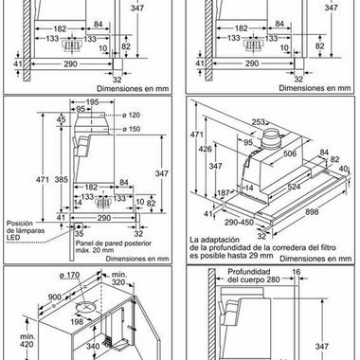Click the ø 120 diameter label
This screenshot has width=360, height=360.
click(132, 116)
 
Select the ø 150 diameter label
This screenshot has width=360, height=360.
click(132, 129)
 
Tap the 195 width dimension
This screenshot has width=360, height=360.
click(92, 102)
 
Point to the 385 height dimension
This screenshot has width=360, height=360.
click(61, 179)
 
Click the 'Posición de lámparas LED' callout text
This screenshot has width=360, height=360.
click(26, 230)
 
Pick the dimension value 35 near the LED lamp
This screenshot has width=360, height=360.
click(79, 234)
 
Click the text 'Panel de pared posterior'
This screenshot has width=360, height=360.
click(114, 243)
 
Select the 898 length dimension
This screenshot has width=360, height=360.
click(312, 211)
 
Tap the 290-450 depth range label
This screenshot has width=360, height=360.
click(239, 223)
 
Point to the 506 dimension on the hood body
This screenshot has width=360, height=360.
click(290, 153)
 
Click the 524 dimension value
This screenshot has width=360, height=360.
click(294, 187)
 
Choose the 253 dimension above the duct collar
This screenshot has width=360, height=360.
click(259, 122)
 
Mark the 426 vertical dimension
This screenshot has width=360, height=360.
click(206, 149)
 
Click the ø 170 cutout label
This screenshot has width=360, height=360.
click(69, 275)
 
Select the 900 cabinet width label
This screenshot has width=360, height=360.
click(55, 297)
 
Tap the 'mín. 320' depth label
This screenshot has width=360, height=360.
click(118, 279)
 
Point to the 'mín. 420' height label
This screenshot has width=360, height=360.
click(27, 340)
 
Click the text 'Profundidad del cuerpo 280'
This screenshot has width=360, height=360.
click(254, 276)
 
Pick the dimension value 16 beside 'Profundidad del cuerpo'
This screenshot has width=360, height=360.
click(297, 272)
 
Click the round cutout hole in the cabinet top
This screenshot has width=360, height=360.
click(85, 306)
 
